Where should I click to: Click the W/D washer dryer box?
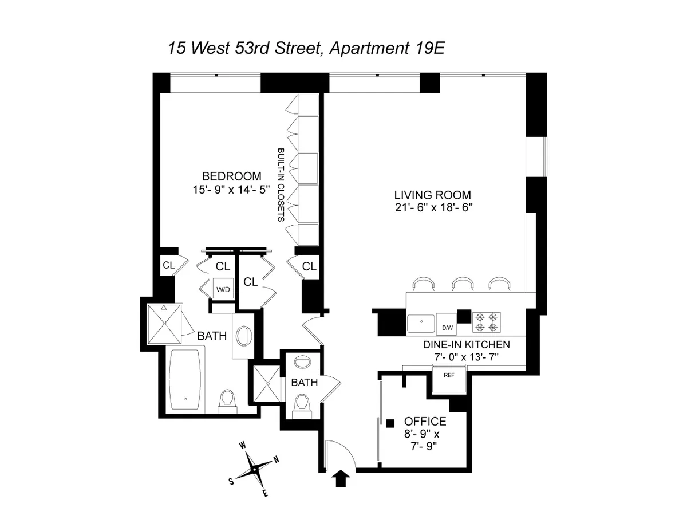click(x=223, y=290)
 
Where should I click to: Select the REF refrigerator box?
click(x=449, y=376)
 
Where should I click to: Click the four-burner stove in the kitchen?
click(x=486, y=322)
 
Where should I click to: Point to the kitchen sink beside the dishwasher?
click(x=421, y=324)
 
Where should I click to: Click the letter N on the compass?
click(x=276, y=459)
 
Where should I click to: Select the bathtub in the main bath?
click(x=185, y=379)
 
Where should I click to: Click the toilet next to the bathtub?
click(x=227, y=399)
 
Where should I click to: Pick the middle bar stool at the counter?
click(x=461, y=284)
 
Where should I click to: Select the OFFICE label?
click(x=425, y=422)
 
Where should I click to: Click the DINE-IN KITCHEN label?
click(x=466, y=345)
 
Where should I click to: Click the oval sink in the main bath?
click(x=243, y=336)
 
